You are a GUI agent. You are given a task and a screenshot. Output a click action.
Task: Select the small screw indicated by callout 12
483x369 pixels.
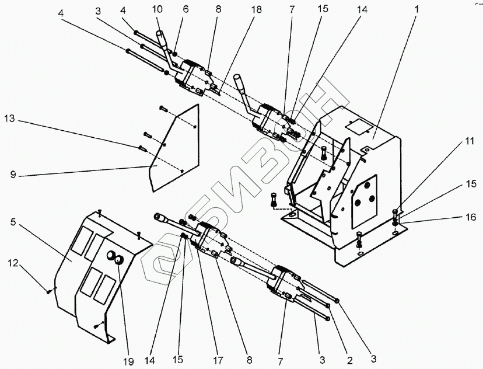[x=48, y=290]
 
